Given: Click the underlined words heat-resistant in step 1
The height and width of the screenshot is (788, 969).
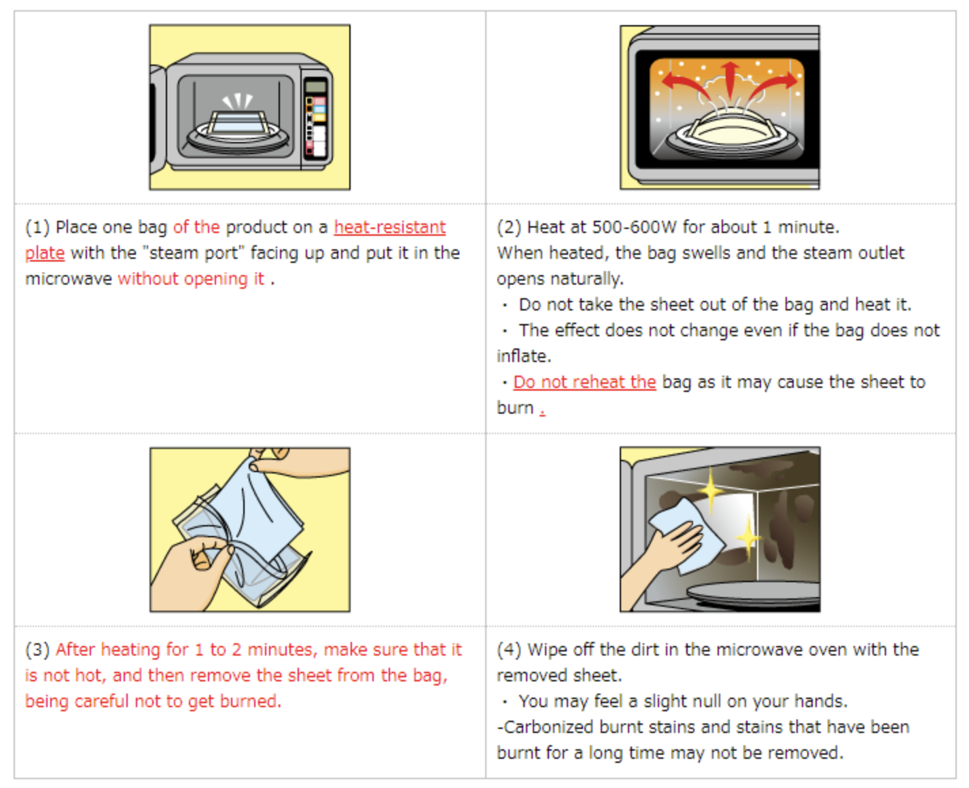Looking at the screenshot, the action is click(x=390, y=227).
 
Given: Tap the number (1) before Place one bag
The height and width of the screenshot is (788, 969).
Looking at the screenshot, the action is click(x=37, y=227).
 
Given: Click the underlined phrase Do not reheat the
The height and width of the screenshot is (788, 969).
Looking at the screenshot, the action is click(x=584, y=382).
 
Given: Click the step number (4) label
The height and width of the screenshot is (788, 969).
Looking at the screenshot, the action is click(x=508, y=649).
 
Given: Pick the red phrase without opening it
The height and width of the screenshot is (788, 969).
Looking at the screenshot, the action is click(x=191, y=279).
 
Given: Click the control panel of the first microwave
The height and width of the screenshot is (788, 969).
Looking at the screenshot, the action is click(x=316, y=118).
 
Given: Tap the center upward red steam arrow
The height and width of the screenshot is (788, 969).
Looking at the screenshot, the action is click(x=730, y=79).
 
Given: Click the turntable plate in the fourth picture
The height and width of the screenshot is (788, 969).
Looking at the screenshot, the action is click(x=754, y=595).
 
